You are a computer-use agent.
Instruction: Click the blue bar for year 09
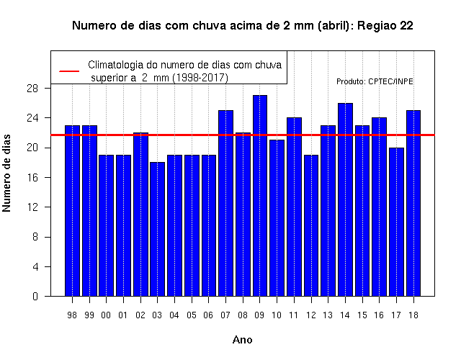pyautogui.click(x=260, y=195)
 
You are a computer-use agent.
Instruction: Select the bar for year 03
pyautogui.click(x=157, y=229)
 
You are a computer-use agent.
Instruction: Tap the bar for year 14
pyautogui.click(x=345, y=199)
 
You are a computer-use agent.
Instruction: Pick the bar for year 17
pyautogui.click(x=396, y=222)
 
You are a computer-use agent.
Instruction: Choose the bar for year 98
pyautogui.click(x=72, y=211)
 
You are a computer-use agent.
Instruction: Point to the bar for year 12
pyautogui.click(x=311, y=225)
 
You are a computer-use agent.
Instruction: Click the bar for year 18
pyautogui.click(x=413, y=203)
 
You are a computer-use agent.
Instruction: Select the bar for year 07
pyautogui.click(x=225, y=203)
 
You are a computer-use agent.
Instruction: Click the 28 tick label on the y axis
pyautogui.click(x=32, y=89)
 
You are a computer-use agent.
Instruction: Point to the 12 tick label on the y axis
pyautogui.click(x=32, y=207)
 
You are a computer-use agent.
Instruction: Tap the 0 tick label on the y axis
pyautogui.click(x=35, y=296)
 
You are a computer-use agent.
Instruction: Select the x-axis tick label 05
pyautogui.click(x=192, y=315)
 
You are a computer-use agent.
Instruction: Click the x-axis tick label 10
pyautogui.click(x=277, y=315)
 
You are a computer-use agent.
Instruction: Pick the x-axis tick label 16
pyautogui.click(x=379, y=315)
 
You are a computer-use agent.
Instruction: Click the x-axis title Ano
pyautogui.click(x=242, y=340)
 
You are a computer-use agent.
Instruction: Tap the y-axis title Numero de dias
pyautogui.click(x=6, y=173)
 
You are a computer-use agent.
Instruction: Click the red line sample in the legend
pyautogui.click(x=69, y=71)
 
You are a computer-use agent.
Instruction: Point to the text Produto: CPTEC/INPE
pyautogui.click(x=375, y=81)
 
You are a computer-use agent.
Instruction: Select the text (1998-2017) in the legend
pyautogui.click(x=200, y=78)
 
